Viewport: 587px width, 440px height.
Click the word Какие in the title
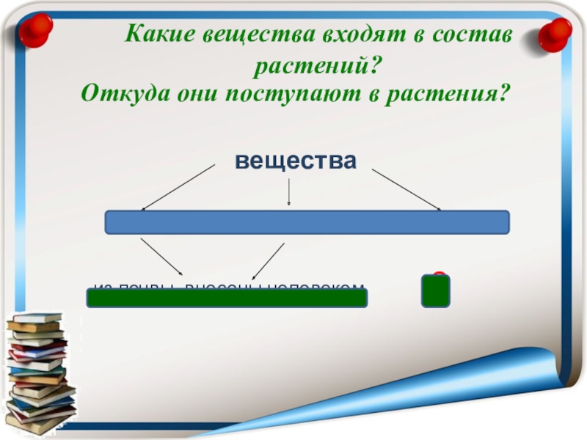pos(156,34)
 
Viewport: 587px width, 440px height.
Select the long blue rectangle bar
pos(307,222)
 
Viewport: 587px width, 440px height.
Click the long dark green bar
pos(227,298)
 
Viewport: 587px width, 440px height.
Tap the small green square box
pos(435,291)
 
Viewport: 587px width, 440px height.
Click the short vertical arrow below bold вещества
pos(289,192)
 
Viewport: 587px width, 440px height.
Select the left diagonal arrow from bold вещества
pos(178,187)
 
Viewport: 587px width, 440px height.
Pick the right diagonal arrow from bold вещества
pos(406,189)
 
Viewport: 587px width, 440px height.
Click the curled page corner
pos(539,389)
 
